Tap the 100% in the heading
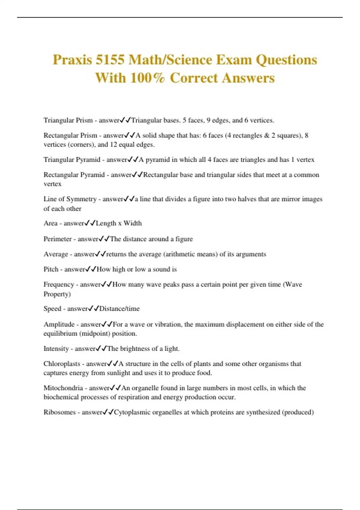(148, 78)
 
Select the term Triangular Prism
(68, 120)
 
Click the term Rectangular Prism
(70, 135)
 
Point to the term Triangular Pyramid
(72, 160)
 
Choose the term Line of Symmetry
(70, 199)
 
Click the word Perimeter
(58, 239)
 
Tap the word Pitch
(51, 269)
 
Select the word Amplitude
(59, 324)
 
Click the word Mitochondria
(63, 388)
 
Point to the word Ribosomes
(59, 412)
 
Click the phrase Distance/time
(119, 309)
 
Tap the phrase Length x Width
(119, 223)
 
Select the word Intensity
(56, 349)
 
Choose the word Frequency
(59, 284)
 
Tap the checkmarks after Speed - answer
(94, 309)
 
